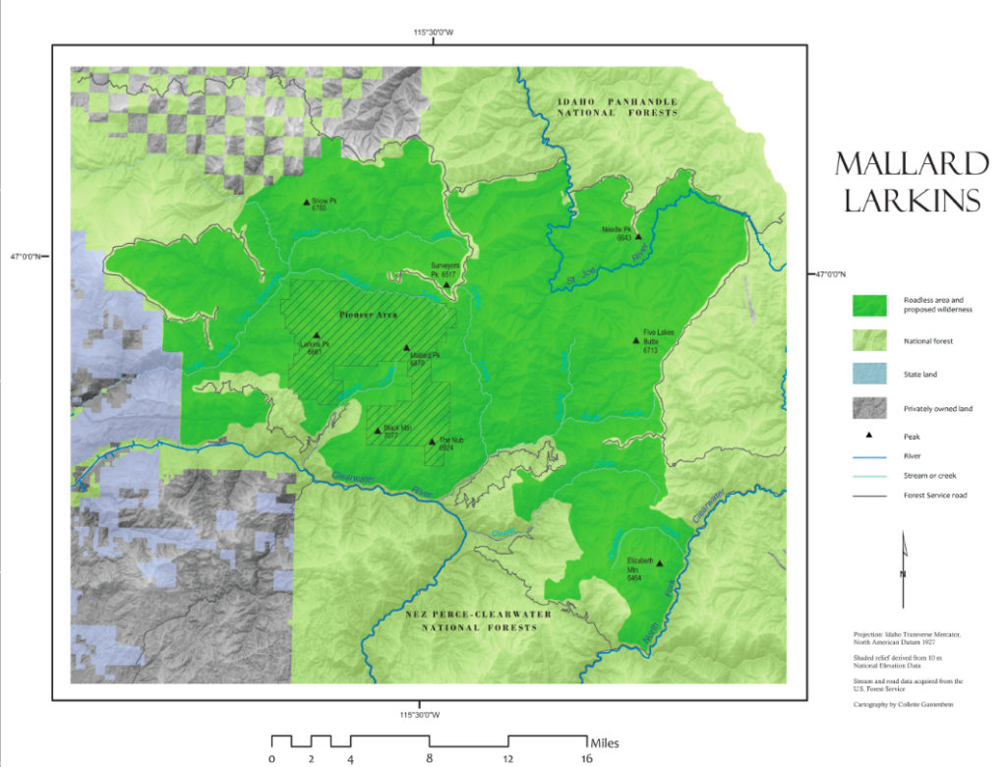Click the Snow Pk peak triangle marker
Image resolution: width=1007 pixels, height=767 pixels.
pyautogui.click(x=306, y=202)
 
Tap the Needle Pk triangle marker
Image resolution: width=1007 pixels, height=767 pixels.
pyautogui.click(x=638, y=236)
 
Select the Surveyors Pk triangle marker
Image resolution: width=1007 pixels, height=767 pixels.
pyautogui.click(x=446, y=285)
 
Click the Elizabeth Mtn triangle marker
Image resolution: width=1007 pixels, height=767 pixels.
pyautogui.click(x=659, y=563)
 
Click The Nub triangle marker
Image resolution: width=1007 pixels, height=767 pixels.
pyautogui.click(x=432, y=442)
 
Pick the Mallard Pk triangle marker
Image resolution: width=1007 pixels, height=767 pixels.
pyautogui.click(x=406, y=347)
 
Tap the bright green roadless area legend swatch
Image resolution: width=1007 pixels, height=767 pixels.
pyautogui.click(x=868, y=306)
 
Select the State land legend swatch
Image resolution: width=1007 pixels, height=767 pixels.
pyautogui.click(x=868, y=375)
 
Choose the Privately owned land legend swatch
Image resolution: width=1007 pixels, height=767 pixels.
pyautogui.click(x=868, y=408)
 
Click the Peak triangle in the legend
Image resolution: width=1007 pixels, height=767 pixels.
pyautogui.click(x=868, y=434)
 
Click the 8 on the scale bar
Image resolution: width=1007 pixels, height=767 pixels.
pyautogui.click(x=429, y=758)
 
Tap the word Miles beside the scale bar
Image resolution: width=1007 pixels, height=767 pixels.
pyautogui.click(x=605, y=741)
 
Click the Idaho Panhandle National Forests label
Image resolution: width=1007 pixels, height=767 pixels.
pyautogui.click(x=618, y=107)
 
